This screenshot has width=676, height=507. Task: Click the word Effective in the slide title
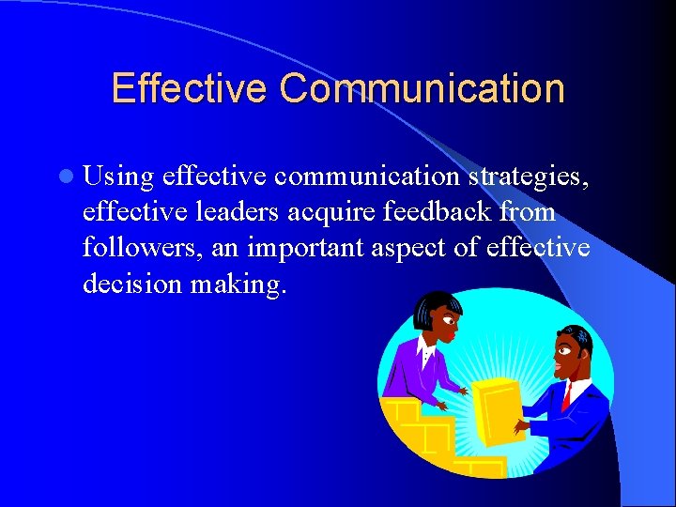pyautogui.click(x=189, y=88)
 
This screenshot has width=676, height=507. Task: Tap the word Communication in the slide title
pyautogui.click(x=422, y=88)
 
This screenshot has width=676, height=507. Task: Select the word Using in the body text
pyautogui.click(x=117, y=176)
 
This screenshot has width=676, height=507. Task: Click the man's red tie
pyautogui.click(x=566, y=396)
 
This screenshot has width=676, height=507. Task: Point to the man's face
pyautogui.click(x=566, y=355)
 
